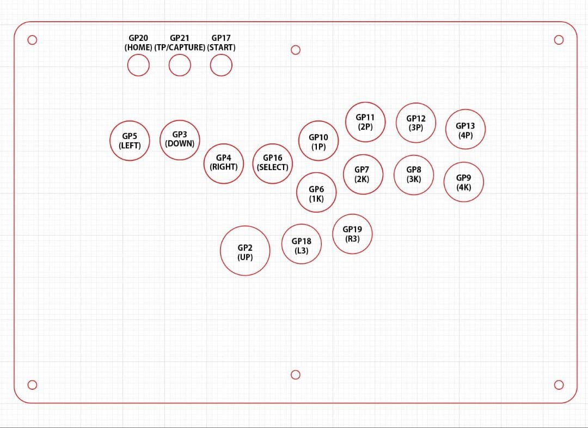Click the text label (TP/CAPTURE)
pos(180,47)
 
